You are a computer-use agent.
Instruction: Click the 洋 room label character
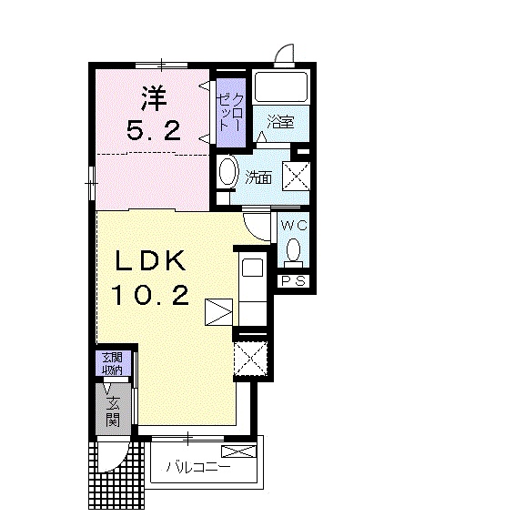click(x=154, y=98)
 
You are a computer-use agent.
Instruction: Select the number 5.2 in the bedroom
click(x=154, y=130)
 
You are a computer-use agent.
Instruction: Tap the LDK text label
click(x=150, y=261)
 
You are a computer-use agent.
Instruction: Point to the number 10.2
click(x=150, y=295)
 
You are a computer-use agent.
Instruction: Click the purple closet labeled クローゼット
click(x=231, y=113)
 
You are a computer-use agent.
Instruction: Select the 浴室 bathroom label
click(x=280, y=122)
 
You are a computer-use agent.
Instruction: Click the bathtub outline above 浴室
click(x=281, y=87)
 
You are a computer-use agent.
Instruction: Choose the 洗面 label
click(x=258, y=178)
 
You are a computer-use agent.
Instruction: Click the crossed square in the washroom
click(x=297, y=176)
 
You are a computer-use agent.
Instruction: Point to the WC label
click(x=294, y=226)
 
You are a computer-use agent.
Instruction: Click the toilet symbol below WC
click(x=293, y=252)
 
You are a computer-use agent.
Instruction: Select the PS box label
click(x=294, y=281)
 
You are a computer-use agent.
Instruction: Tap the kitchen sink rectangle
click(x=253, y=268)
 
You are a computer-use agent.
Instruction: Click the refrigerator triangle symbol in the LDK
click(x=218, y=312)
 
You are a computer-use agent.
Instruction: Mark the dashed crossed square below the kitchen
click(x=250, y=359)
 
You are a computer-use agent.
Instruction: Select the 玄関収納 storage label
click(x=113, y=364)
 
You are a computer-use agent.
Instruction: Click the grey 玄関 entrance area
click(x=113, y=410)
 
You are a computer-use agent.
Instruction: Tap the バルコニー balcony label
click(x=198, y=467)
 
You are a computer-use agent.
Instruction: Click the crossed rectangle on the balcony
click(x=238, y=451)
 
